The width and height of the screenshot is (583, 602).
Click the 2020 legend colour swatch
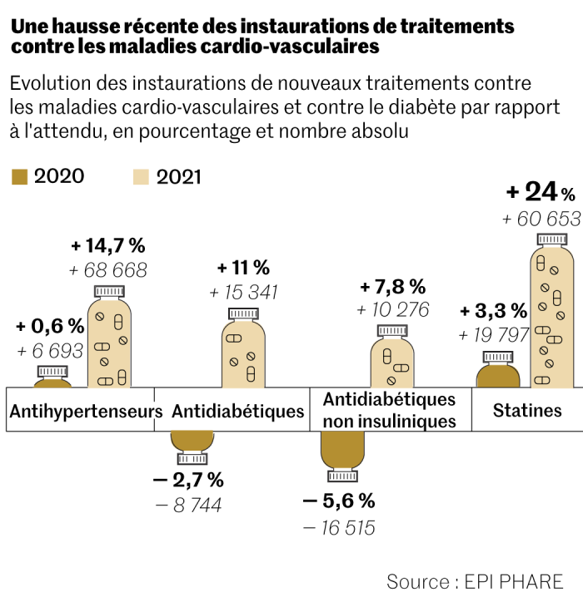(20, 176)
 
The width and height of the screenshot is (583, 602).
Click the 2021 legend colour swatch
(142, 176)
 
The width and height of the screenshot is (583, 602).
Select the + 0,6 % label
(50, 326)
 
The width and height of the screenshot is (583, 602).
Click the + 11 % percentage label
(243, 268)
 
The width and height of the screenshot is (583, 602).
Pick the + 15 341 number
(243, 292)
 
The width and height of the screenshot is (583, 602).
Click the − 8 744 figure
(188, 505)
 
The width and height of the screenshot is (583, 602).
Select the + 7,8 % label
(392, 287)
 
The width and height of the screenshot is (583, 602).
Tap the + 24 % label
(541, 193)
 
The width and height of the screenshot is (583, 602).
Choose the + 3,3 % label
(494, 312)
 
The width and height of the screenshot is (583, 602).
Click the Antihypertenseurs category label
(85, 411)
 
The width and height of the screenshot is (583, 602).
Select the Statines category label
(527, 410)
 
